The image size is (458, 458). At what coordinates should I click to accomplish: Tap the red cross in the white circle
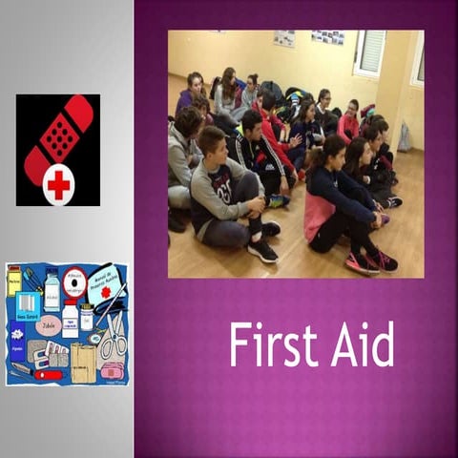tap(58, 184)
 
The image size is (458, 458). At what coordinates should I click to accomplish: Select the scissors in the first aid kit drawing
tap(113, 338)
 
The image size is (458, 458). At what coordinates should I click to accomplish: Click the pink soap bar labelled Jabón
tap(49, 325)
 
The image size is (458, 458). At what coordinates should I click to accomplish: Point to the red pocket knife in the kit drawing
tap(48, 375)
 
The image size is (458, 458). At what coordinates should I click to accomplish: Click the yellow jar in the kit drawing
tap(14, 281)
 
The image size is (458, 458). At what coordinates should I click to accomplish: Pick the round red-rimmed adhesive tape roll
tap(73, 284)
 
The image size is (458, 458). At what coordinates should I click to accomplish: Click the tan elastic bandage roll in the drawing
tap(83, 364)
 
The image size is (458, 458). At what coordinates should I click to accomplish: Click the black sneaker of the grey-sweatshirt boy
tap(262, 251)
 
